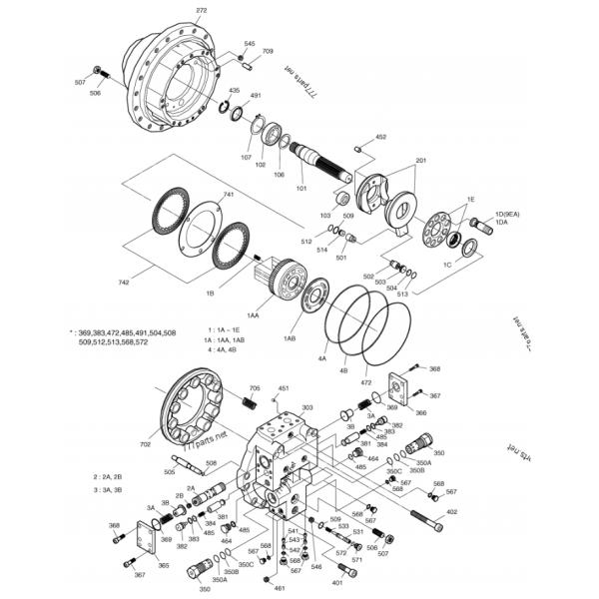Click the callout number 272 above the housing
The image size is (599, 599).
(x=202, y=10)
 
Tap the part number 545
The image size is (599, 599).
(x=249, y=44)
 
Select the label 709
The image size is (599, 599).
(x=268, y=51)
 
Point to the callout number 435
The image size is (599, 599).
(x=235, y=91)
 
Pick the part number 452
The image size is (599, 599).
(x=380, y=136)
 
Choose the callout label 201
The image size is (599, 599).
(x=420, y=161)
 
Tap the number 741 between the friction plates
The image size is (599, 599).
(x=229, y=195)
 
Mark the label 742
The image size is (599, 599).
(x=124, y=283)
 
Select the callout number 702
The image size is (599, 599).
(x=146, y=443)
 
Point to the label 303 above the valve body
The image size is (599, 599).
(x=306, y=407)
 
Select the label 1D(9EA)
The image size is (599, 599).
(x=506, y=215)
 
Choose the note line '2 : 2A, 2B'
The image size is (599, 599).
(x=109, y=477)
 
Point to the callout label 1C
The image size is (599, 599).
(x=448, y=267)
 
